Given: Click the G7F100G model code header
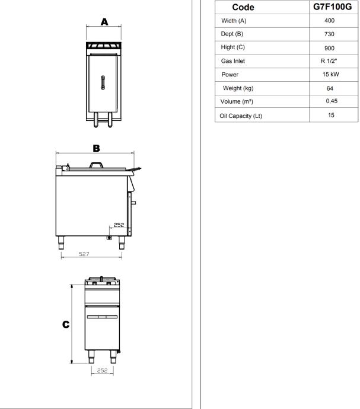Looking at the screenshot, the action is [332, 7].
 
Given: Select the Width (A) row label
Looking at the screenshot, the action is [234, 21].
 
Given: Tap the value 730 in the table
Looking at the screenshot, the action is [329, 34].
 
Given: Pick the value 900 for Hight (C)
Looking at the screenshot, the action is [329, 48].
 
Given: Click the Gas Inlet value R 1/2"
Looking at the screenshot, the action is [329, 61].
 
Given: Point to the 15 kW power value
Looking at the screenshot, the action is [330, 74].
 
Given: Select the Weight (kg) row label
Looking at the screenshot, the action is [238, 88].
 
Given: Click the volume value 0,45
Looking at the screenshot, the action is [332, 101].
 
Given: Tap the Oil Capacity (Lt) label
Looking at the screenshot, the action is [241, 116].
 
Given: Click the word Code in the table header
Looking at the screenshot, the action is [243, 7].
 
